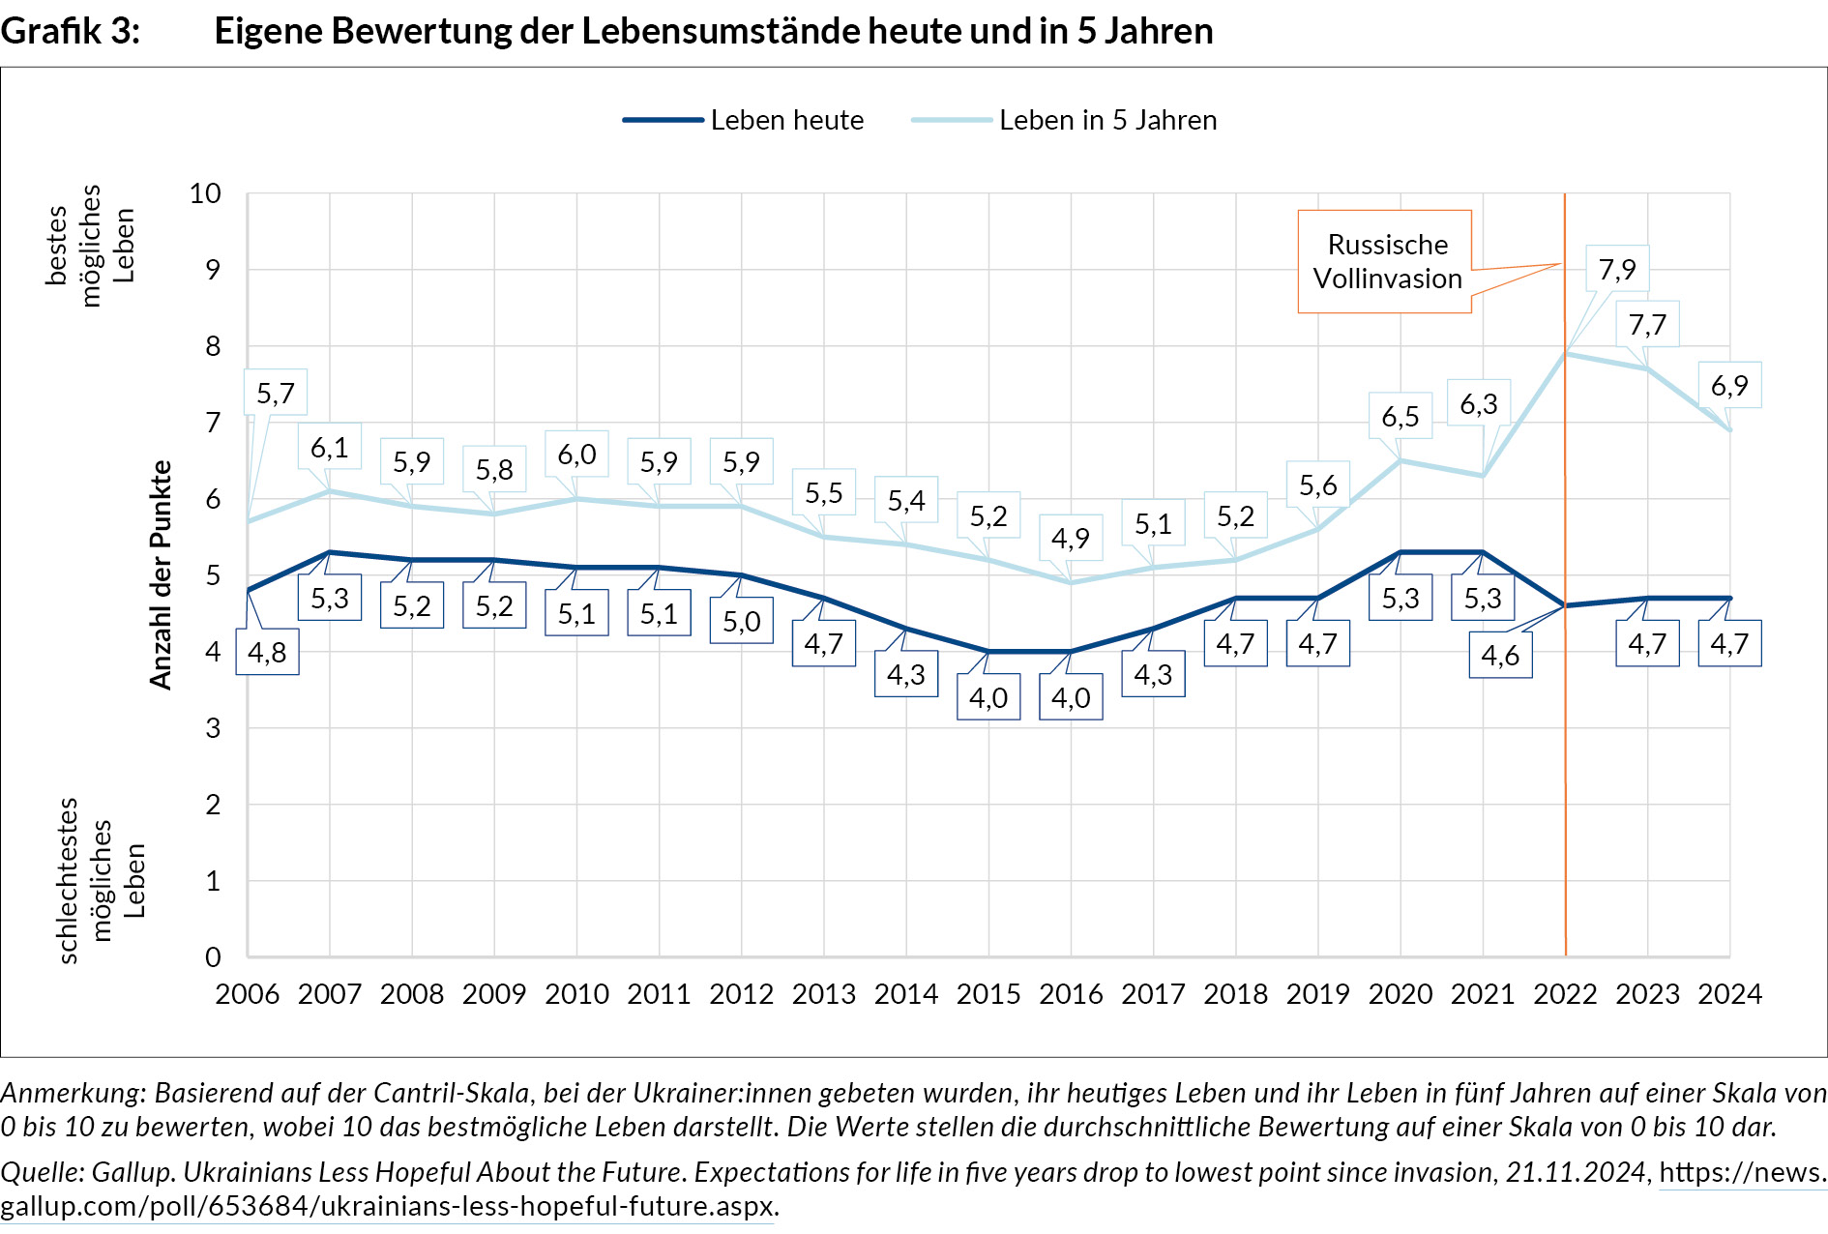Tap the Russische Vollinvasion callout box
[1386, 261]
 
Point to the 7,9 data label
[1617, 269]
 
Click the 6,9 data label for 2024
[1729, 385]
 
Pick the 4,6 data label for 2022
[1500, 655]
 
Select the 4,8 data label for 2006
[267, 652]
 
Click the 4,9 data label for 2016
[1071, 538]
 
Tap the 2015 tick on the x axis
[988, 994]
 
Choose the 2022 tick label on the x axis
[1565, 994]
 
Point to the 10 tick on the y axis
[205, 193]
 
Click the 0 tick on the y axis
[213, 957]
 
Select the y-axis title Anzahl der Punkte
[161, 574]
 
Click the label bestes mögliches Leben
[89, 246]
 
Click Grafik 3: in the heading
[71, 31]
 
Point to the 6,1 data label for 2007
[329, 447]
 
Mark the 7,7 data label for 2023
[1647, 324]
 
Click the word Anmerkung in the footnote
[73, 1093]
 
